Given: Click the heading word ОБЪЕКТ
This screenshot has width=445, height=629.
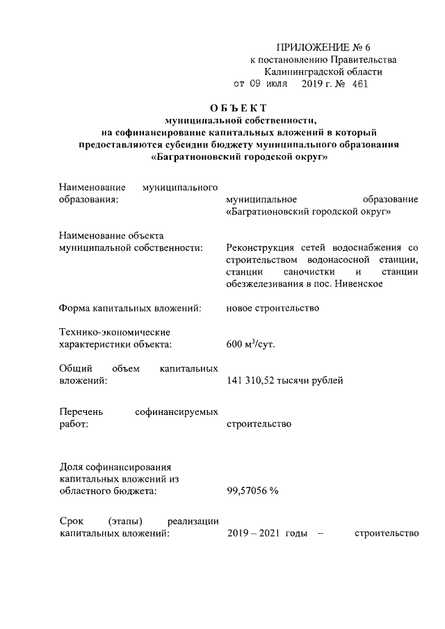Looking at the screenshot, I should [x=238, y=108].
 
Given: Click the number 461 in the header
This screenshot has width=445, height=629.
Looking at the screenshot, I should [x=359, y=84].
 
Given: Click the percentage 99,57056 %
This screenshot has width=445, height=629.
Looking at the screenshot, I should [x=253, y=491].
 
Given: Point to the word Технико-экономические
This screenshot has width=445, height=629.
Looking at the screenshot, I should [x=115, y=332].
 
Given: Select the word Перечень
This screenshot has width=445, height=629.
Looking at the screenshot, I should [x=81, y=411].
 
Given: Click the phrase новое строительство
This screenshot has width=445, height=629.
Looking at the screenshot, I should [x=273, y=308].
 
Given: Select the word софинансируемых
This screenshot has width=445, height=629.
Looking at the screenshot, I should [x=177, y=411].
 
